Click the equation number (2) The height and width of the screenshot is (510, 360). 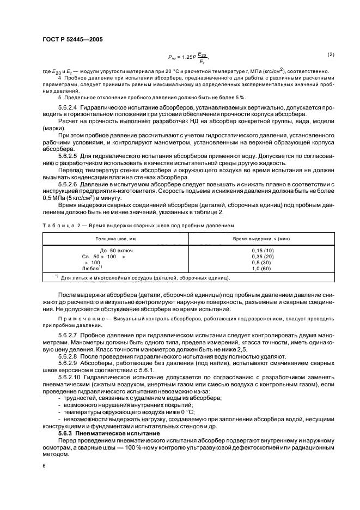tap(330, 54)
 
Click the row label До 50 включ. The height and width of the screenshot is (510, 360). tap(117, 250)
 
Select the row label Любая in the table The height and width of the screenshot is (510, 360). tap(91, 268)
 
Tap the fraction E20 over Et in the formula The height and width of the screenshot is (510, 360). tap(202, 58)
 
